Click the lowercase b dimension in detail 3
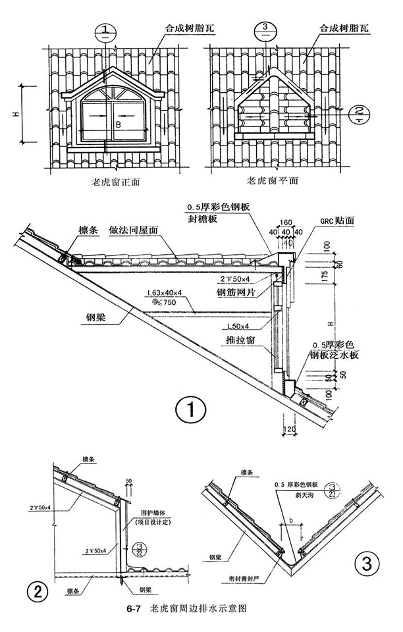point(290,520)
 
